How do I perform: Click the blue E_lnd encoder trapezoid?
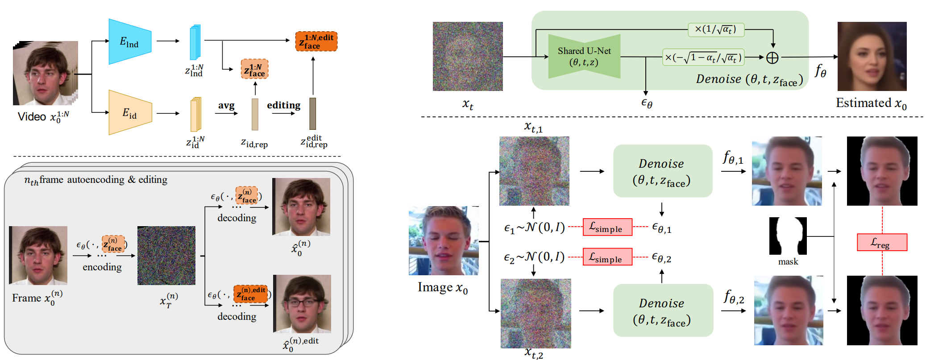130,41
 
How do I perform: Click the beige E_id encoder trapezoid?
130,112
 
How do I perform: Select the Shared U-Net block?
584,57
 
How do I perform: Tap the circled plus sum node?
772,58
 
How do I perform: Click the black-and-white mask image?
788,236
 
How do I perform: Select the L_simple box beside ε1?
607,227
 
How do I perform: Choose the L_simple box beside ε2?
607,257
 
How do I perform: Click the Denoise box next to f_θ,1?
663,171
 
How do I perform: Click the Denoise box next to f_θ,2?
663,310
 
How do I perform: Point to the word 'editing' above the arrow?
284,105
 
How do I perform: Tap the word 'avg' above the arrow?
226,106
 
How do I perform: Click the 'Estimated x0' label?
871,103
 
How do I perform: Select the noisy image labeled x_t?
468,56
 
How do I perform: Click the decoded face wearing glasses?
302,304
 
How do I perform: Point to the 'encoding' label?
102,267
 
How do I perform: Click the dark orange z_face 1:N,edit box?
316,41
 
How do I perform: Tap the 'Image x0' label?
443,288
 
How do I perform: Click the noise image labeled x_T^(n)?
166,256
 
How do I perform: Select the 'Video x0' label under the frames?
43,117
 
